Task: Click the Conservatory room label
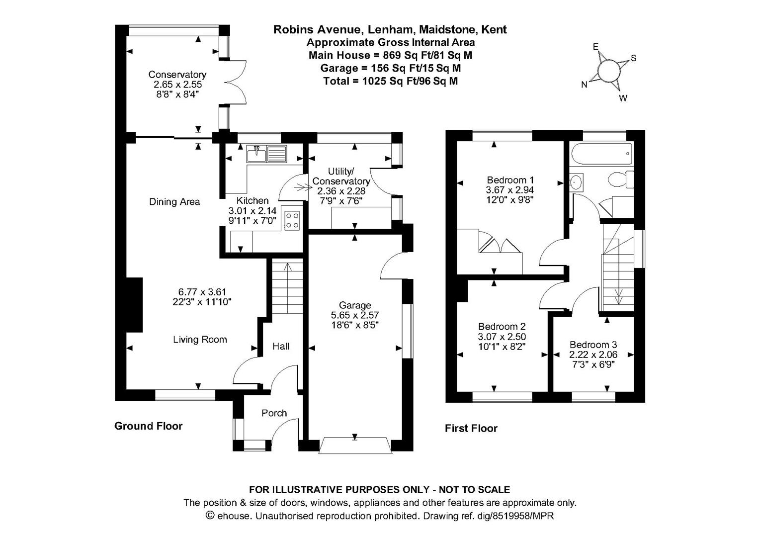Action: pos(177,75)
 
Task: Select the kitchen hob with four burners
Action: pos(292,220)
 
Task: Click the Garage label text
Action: pos(355,305)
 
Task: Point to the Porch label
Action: pos(274,413)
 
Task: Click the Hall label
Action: pos(281,347)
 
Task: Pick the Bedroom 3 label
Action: pos(593,345)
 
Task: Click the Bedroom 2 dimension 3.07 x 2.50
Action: pos(502,337)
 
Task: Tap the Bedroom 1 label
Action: pos(510,180)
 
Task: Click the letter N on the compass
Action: pos(585,85)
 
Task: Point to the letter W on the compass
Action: pos(622,98)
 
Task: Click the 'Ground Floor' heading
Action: pos(148,426)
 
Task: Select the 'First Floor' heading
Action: pos(471,429)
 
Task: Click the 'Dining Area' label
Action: pos(174,202)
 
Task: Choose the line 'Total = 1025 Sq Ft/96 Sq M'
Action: pos(390,81)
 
